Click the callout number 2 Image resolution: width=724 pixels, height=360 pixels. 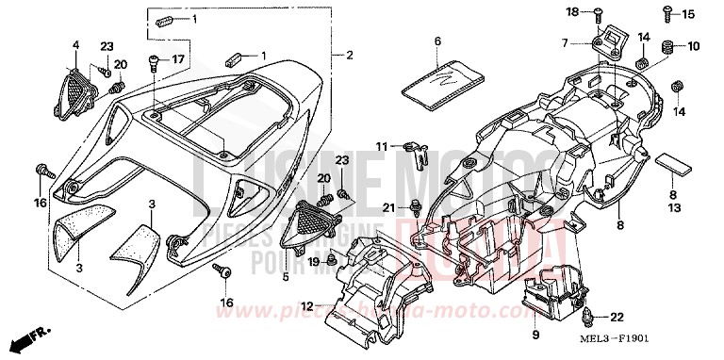tap(349, 56)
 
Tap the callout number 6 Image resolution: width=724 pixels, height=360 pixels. tap(438, 41)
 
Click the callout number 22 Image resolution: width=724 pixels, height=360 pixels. tap(618, 317)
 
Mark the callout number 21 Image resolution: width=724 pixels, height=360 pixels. tap(387, 206)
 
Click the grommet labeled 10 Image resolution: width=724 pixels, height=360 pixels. tap(667, 45)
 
